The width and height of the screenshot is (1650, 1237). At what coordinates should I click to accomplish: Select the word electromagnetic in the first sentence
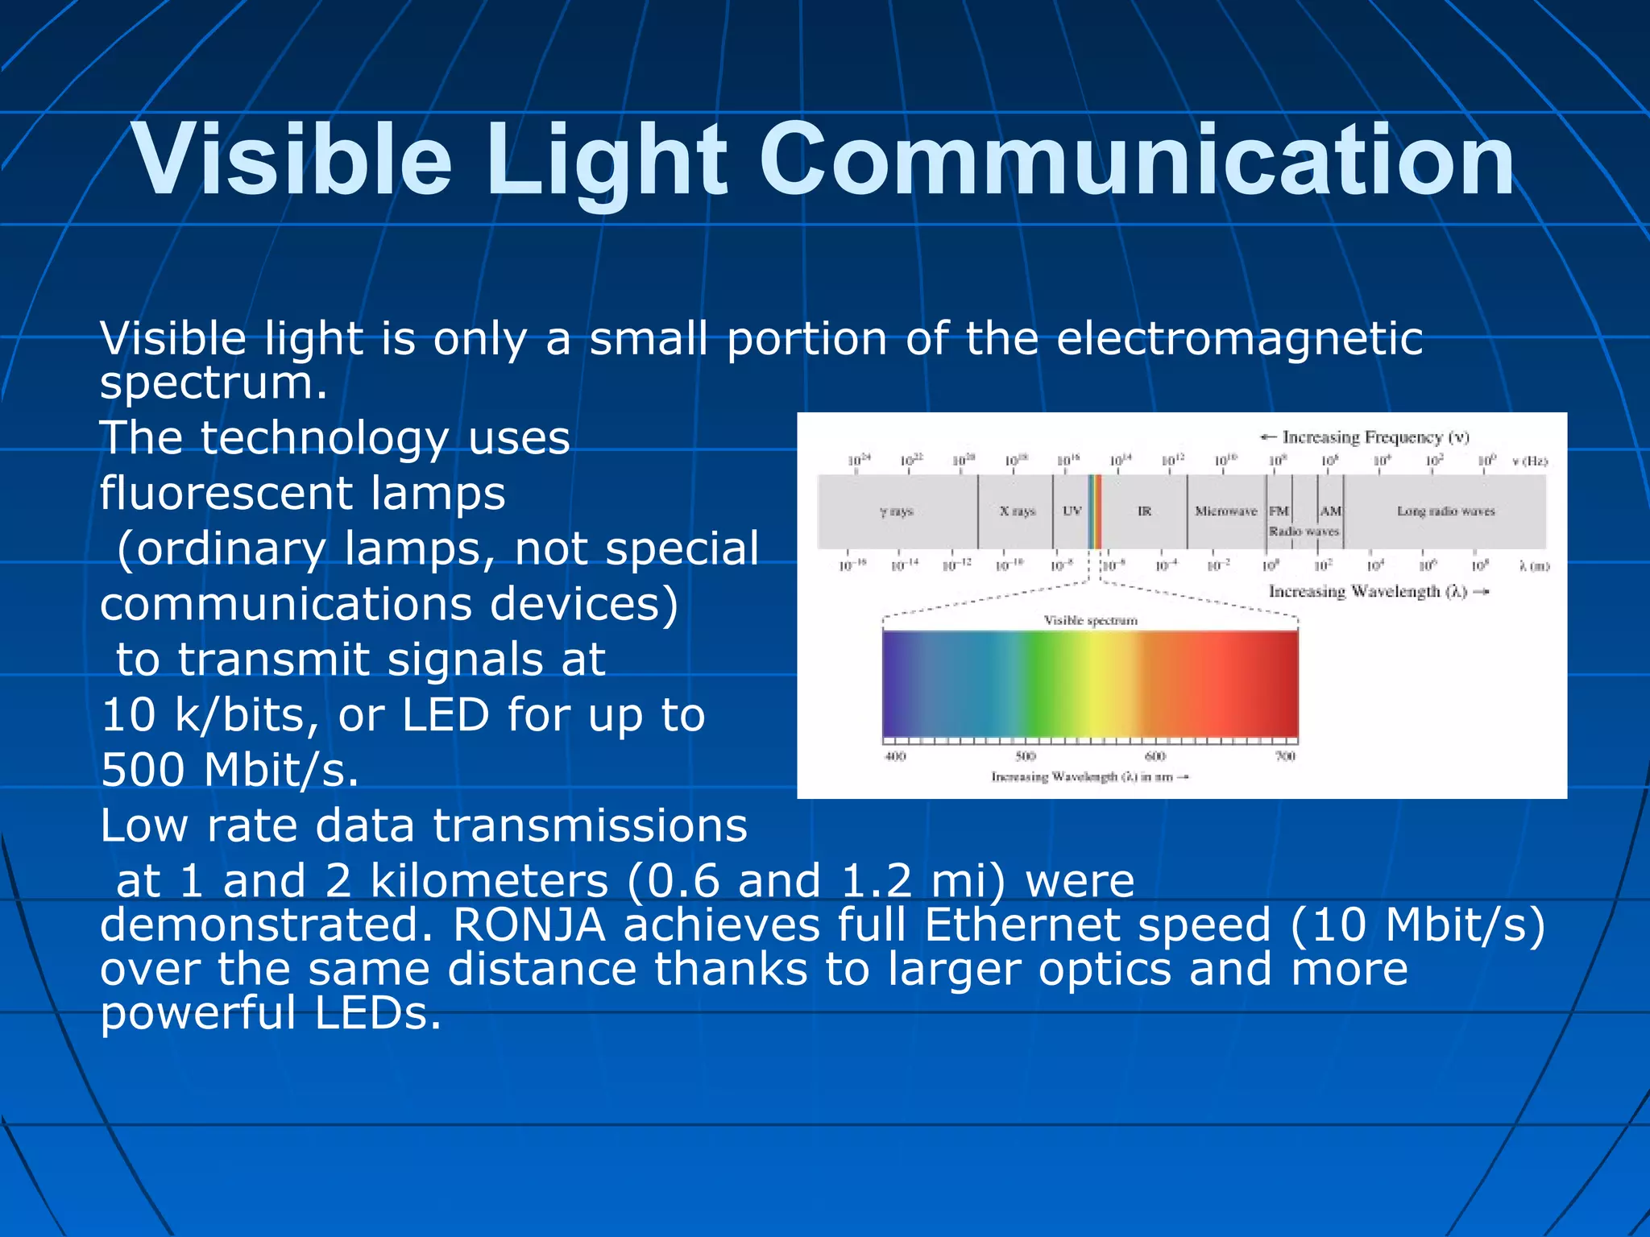click(x=1238, y=338)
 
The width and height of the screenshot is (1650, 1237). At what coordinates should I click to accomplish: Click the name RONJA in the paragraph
click(x=529, y=925)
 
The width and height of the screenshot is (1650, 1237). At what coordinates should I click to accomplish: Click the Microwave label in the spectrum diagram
click(x=1225, y=511)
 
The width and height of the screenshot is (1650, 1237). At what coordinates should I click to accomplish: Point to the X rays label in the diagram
click(x=1017, y=511)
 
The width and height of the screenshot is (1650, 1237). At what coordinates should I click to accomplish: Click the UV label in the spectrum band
click(x=1072, y=511)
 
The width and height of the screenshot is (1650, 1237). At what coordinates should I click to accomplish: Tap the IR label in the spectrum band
click(x=1144, y=511)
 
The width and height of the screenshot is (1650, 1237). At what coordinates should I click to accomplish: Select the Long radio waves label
click(x=1445, y=511)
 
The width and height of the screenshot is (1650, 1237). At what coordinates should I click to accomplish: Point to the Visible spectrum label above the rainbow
click(x=1090, y=620)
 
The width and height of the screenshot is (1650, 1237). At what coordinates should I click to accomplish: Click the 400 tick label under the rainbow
click(x=895, y=756)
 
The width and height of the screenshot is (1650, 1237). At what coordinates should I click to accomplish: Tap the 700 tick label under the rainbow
click(x=1285, y=756)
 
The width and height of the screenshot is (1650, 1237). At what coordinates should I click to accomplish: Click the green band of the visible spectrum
click(x=1047, y=685)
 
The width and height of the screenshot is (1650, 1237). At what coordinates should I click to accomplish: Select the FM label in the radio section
click(x=1279, y=511)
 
